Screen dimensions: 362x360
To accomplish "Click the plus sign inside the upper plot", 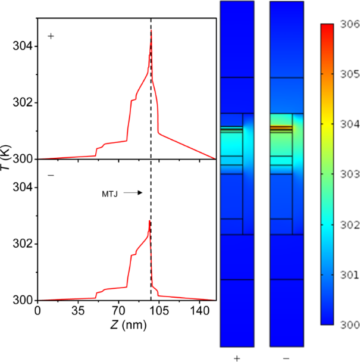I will click(51, 36).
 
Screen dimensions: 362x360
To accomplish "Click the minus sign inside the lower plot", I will click(51, 176).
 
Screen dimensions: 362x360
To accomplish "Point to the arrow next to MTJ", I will click(133, 193).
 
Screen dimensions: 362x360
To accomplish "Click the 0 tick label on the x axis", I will click(38, 310).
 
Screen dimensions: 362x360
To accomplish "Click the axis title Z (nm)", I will click(125, 326).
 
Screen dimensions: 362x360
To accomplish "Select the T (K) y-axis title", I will click(7, 159).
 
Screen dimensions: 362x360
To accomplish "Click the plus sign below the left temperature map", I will click(237, 358).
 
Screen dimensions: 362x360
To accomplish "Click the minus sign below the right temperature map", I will click(287, 358).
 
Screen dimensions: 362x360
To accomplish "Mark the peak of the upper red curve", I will click(151, 30).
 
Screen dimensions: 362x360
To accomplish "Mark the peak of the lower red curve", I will click(149, 221).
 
